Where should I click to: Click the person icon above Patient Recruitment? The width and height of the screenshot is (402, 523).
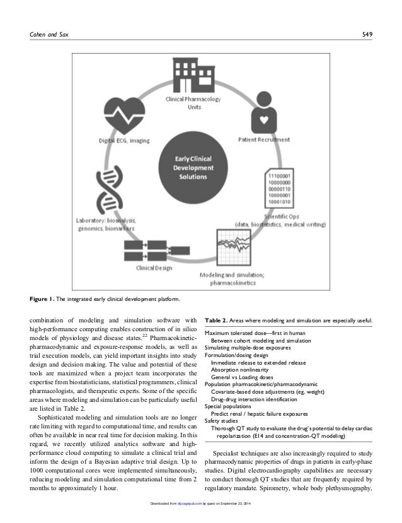pos(261,116)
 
